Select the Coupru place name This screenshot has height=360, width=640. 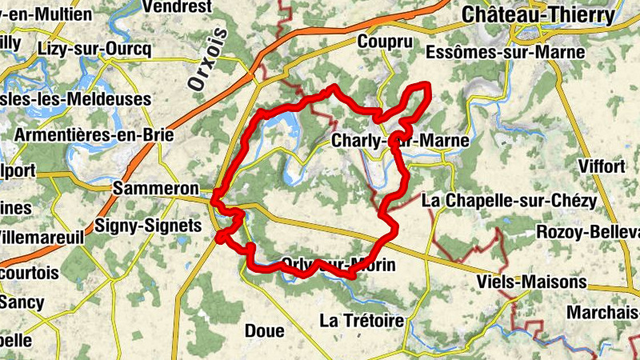tap(385, 42)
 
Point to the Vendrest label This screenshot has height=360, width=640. tap(177, 6)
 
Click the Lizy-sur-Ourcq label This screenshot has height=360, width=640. tap(94, 48)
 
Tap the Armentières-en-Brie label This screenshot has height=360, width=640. tap(94, 134)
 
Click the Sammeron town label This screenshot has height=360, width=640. tap(156, 188)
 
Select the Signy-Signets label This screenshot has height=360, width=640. tap(148, 226)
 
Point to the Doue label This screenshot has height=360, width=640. tap(264, 330)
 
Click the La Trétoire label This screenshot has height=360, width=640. tap(362, 321)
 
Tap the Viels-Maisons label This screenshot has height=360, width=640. tap(530, 282)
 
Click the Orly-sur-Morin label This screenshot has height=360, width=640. tap(339, 265)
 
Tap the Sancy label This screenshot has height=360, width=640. tap(22, 302)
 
